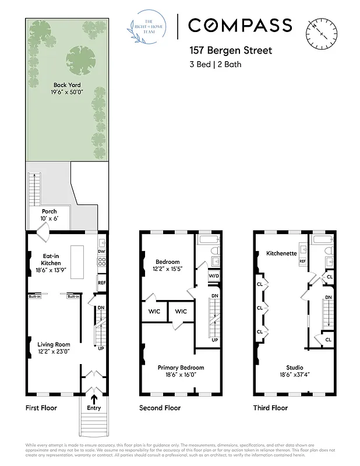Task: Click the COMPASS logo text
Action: click(239, 25)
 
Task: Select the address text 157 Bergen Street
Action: click(230, 51)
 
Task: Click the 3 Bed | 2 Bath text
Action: click(215, 64)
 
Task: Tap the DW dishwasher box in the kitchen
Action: click(101, 252)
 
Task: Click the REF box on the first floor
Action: click(101, 283)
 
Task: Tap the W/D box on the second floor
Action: click(213, 276)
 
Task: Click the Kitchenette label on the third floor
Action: click(281, 253)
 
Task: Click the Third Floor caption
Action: click(270, 408)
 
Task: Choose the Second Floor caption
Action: click(160, 408)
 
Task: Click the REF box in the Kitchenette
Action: click(302, 262)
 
